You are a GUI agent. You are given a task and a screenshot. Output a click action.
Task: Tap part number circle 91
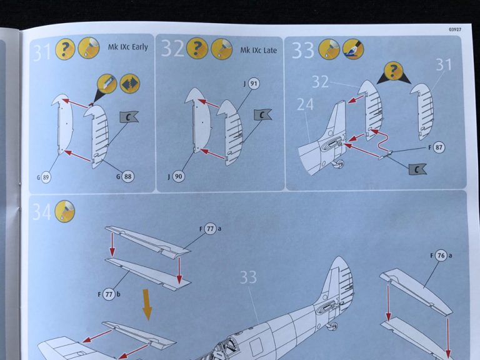tap(253, 83)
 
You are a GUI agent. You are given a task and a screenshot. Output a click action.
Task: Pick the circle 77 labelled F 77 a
tap(211, 229)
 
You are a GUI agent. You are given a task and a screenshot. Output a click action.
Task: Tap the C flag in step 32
tap(261, 114)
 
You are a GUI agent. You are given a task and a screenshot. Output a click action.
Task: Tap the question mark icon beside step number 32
tap(197, 48)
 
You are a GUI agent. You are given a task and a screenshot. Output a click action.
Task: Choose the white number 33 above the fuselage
tap(248, 277)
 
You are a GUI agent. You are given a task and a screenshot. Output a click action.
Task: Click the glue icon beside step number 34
tap(65, 211)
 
